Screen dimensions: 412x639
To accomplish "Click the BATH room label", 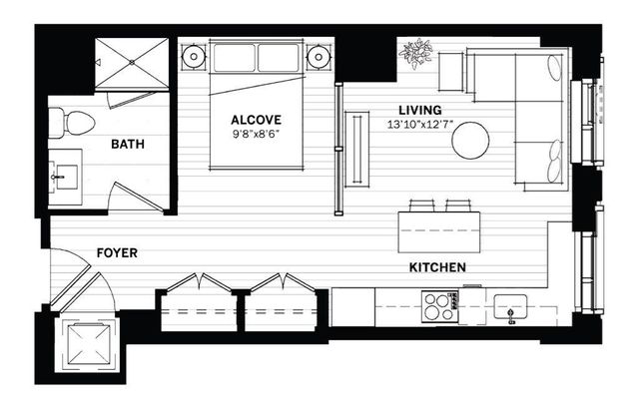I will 128,145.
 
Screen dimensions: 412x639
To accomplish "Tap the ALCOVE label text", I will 255,116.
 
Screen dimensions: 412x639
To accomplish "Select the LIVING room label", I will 419,110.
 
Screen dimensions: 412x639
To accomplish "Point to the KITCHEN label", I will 438,267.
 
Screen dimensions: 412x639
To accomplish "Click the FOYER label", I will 117,253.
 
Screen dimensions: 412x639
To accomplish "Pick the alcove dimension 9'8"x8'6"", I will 256,132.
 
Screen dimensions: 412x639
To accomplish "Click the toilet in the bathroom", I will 75,124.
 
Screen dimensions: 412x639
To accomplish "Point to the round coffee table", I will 470,141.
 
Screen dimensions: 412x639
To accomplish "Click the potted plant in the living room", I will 414,53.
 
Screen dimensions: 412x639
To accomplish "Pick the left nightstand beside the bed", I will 192,57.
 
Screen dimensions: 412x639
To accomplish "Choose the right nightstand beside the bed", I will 319,57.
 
